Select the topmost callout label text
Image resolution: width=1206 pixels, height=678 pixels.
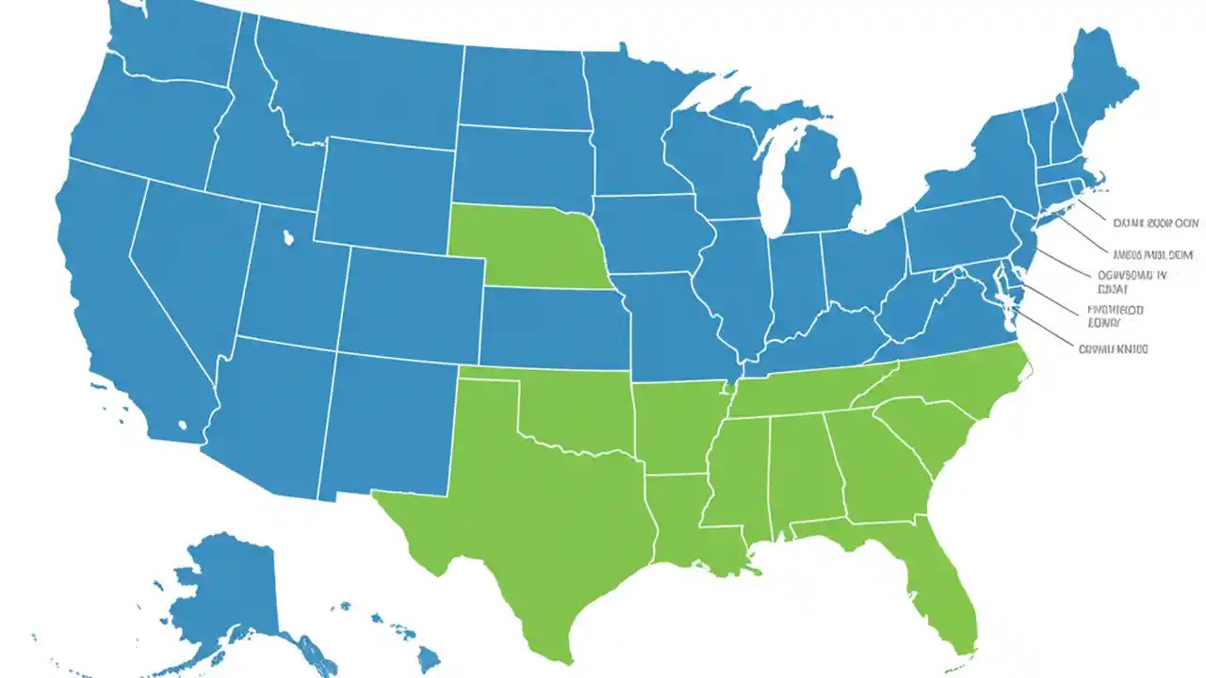pyautogui.click(x=1155, y=223)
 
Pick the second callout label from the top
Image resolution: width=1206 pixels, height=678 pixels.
pyautogui.click(x=1152, y=254)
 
